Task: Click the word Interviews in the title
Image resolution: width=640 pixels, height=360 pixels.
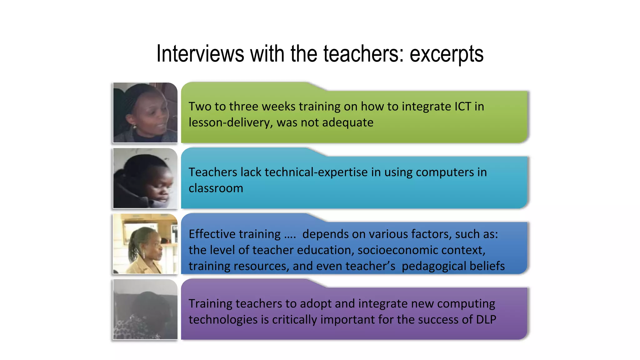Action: point(200,54)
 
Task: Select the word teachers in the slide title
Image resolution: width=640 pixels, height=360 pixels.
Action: point(361,54)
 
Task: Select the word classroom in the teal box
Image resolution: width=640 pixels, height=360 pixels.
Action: point(216,188)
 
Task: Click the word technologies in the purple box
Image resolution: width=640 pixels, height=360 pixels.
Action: point(223,319)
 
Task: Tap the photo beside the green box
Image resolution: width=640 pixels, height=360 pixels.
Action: point(145,112)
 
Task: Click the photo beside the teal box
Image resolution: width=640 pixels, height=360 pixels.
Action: point(145,178)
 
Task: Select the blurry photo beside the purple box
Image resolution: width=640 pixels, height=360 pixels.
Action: point(145,309)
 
